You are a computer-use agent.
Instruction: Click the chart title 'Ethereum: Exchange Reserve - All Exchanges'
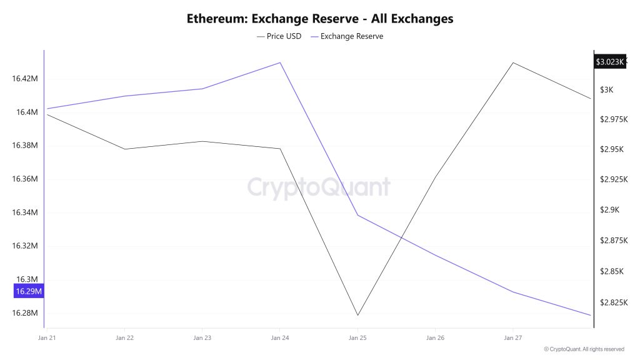tap(320, 19)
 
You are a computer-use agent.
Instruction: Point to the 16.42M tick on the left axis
tap(25, 79)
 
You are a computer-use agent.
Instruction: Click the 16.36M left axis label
tap(25, 179)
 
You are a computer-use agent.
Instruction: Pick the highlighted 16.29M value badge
tap(29, 291)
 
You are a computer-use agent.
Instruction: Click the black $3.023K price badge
tap(609, 62)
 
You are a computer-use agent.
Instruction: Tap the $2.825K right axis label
tap(612, 302)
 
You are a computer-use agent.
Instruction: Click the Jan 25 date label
tap(357, 338)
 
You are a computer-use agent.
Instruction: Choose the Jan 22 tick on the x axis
tap(124, 338)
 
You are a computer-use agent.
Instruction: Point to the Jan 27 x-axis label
tap(512, 338)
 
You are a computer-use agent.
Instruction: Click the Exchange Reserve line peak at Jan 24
tap(280, 62)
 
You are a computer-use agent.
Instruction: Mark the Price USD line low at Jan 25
tap(357, 315)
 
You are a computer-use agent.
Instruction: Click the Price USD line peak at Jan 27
tap(513, 62)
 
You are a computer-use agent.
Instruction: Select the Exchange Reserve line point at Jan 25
tap(357, 215)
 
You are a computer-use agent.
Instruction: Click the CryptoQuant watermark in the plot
tap(319, 187)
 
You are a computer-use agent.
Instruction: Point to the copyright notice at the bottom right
tap(584, 349)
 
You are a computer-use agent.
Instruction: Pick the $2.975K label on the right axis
tap(612, 119)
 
